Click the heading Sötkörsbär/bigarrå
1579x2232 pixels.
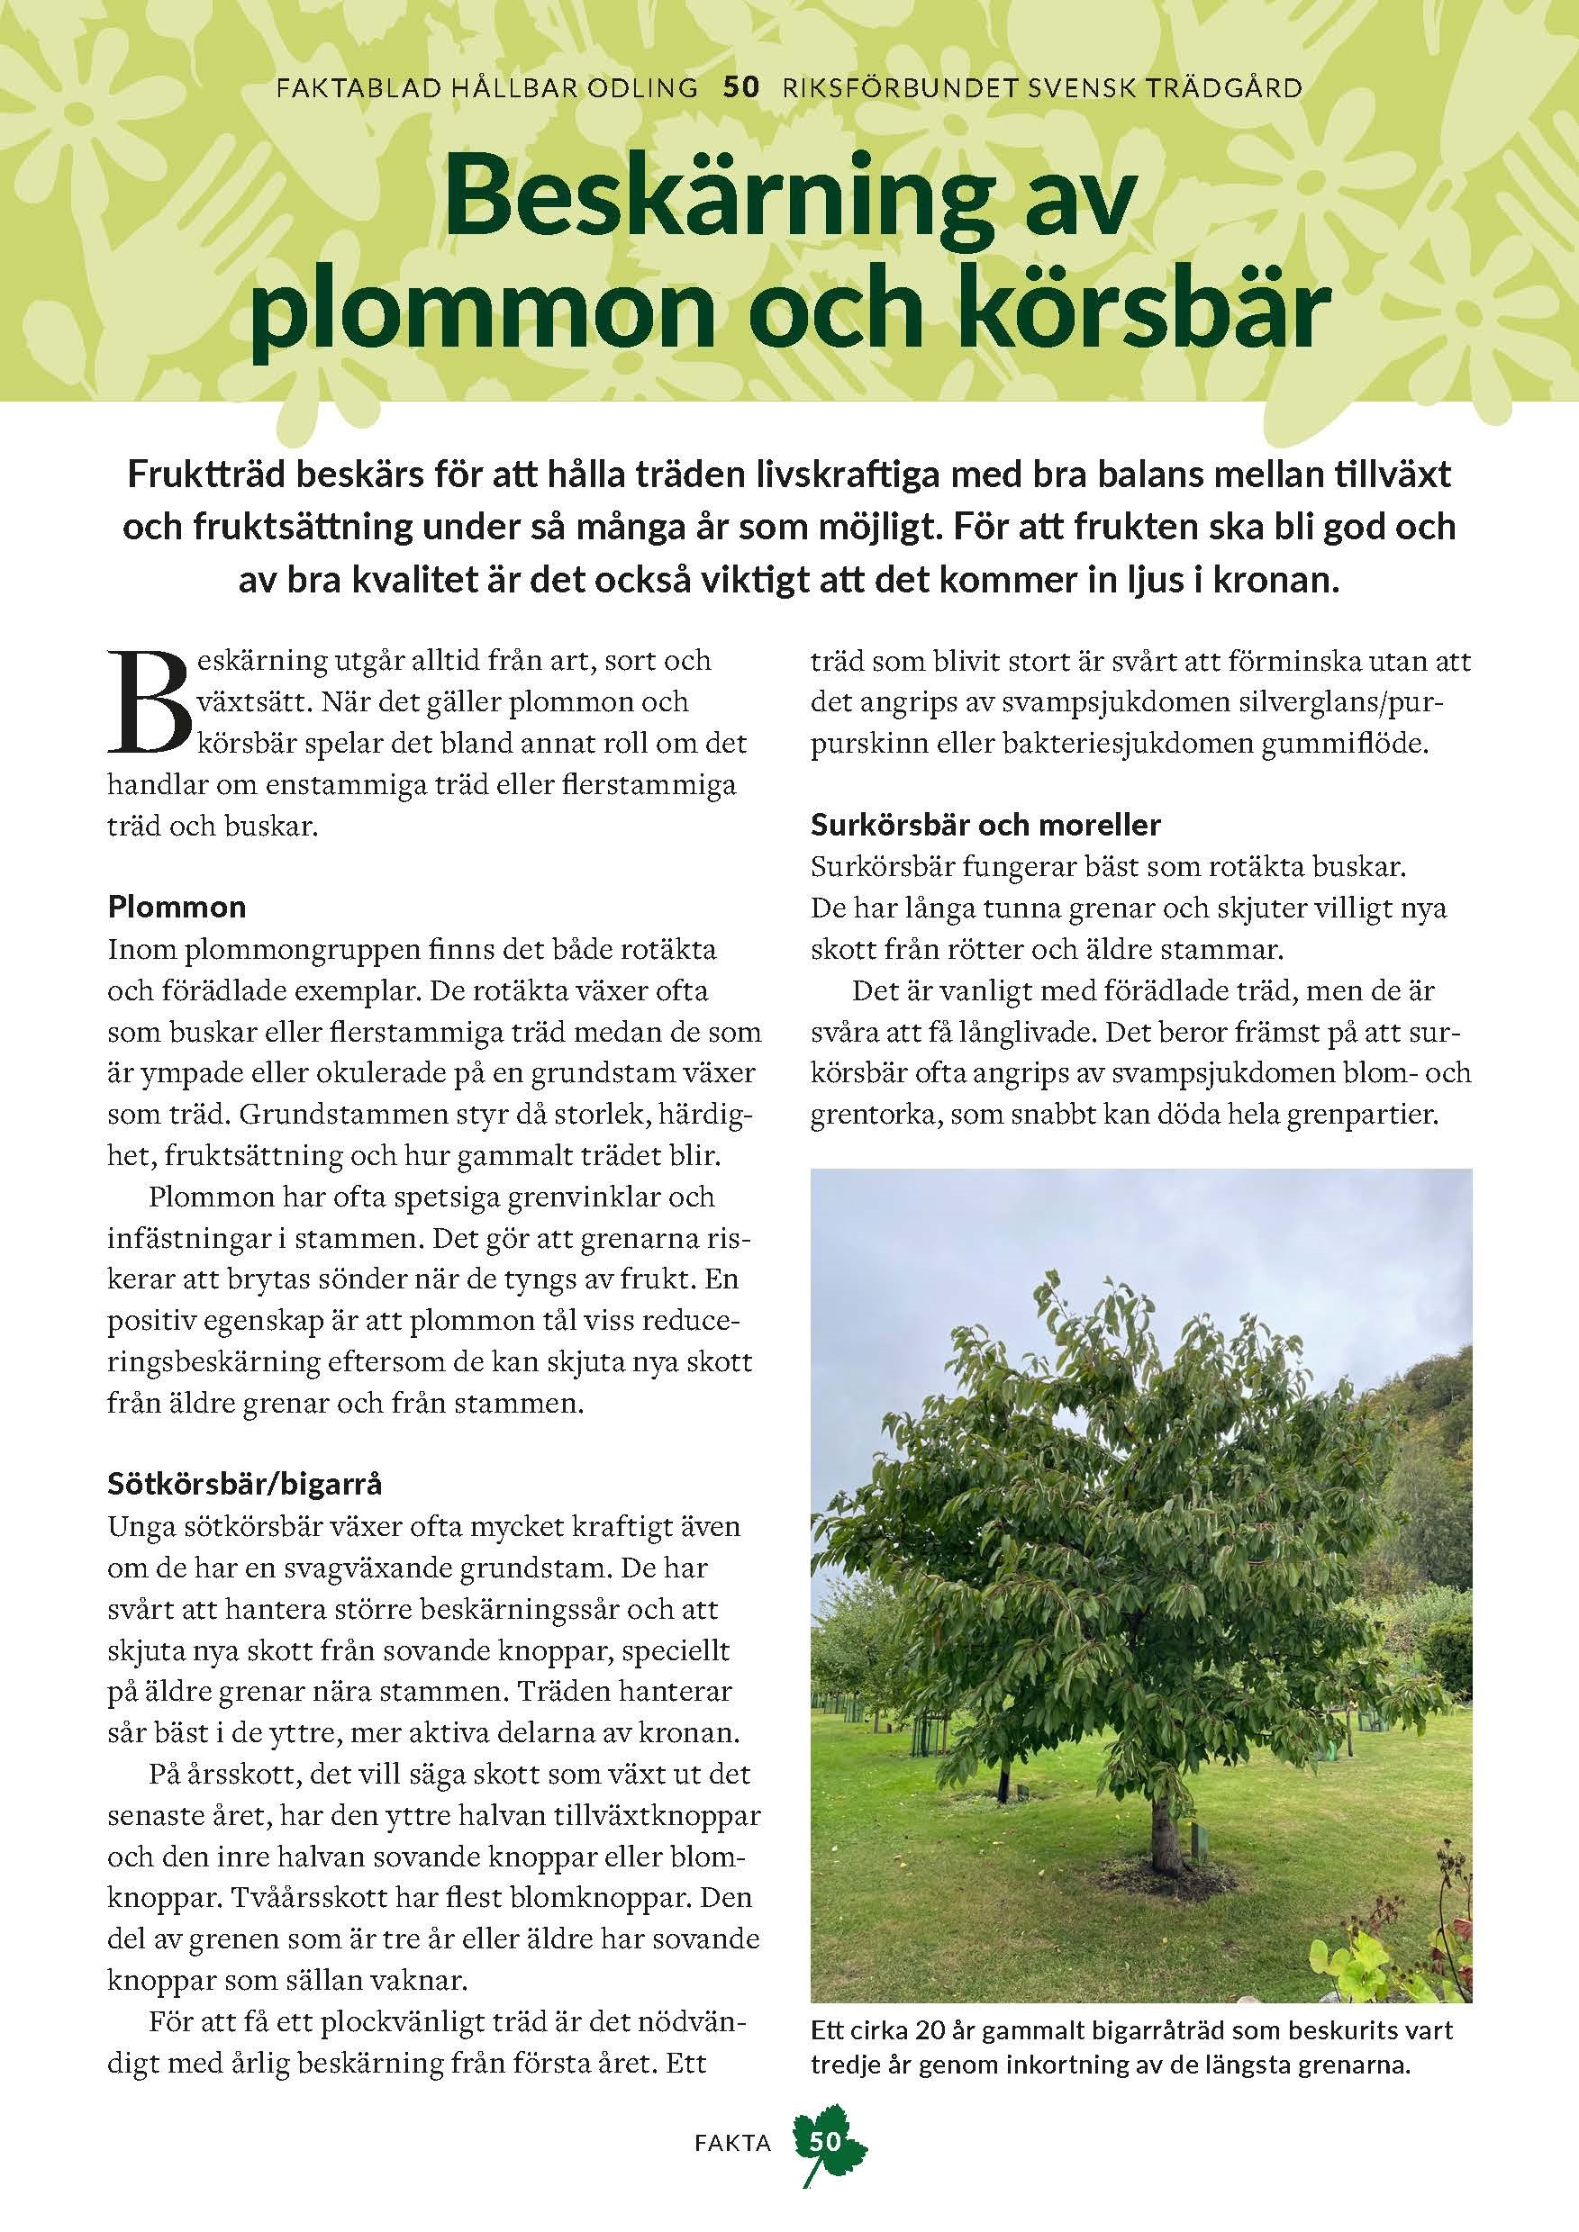(x=245, y=1485)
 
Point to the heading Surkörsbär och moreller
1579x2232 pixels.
(x=986, y=826)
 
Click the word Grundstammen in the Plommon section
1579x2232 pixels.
(x=321, y=1115)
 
